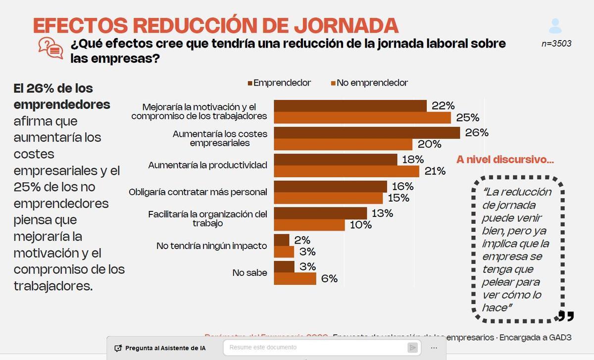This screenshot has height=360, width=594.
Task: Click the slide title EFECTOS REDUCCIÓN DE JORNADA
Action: tap(215, 25)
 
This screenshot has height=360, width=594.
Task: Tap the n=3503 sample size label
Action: tap(556, 44)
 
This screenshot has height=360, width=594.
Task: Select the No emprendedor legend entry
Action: tap(370, 83)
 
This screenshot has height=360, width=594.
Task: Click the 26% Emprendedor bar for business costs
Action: tap(366, 133)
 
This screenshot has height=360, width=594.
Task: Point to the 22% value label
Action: tap(443, 105)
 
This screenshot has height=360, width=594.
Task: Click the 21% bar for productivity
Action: tap(346, 171)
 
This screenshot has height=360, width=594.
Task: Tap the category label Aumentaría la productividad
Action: tap(207, 165)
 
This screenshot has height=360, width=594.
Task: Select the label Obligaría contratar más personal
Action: tap(198, 192)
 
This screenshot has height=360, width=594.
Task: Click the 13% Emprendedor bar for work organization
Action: tap(320, 213)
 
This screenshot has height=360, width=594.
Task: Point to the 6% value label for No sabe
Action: tap(329, 279)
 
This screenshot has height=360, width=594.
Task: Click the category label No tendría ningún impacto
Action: tap(211, 246)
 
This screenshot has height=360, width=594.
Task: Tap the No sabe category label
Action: tap(249, 273)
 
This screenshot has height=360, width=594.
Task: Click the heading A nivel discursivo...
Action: tap(505, 159)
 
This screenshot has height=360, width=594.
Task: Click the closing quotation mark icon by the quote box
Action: tap(566, 315)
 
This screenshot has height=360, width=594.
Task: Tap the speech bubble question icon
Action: tap(50, 48)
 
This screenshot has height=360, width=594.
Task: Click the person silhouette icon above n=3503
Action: tap(555, 26)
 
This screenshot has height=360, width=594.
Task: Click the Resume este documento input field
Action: tap(317, 348)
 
